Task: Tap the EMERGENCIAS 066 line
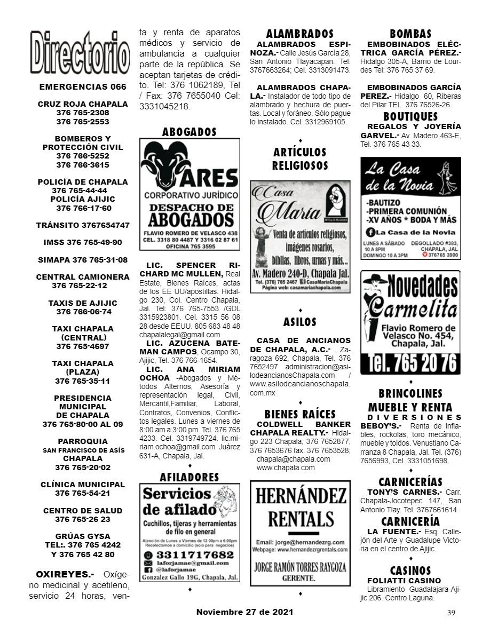click(x=83, y=86)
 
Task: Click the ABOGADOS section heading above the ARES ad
click(x=189, y=132)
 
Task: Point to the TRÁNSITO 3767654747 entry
click(x=83, y=225)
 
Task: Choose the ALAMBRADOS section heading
click(x=300, y=34)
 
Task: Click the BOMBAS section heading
click(x=410, y=34)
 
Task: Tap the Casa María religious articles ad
click(x=300, y=236)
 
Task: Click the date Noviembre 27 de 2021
click(x=244, y=612)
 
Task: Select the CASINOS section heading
click(x=410, y=570)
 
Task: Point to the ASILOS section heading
click(x=300, y=322)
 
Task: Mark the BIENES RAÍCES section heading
click(x=300, y=414)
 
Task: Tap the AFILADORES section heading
click(x=189, y=477)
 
